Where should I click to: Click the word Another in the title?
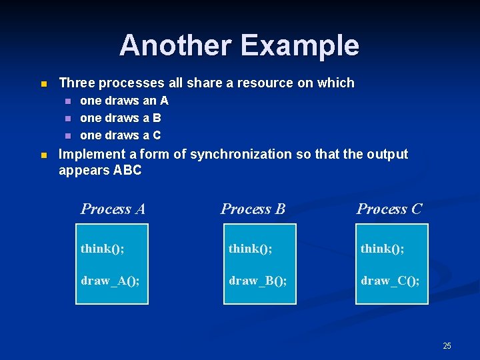pyautogui.click(x=176, y=45)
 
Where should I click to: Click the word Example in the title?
pyautogui.click(x=300, y=45)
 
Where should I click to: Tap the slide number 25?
pyautogui.click(x=447, y=345)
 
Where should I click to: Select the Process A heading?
pyautogui.click(x=113, y=209)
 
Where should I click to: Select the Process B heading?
pyautogui.click(x=253, y=209)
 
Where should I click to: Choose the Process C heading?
pyautogui.click(x=389, y=209)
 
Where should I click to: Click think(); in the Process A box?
pyautogui.click(x=102, y=249)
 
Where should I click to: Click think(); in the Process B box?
pyautogui.click(x=250, y=249)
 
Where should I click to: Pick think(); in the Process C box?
pyautogui.click(x=382, y=249)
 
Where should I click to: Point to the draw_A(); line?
pyautogui.click(x=110, y=281)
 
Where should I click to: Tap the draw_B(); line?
pyautogui.click(x=258, y=281)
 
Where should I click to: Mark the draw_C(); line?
pyautogui.click(x=390, y=281)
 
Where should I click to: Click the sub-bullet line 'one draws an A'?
pyautogui.click(x=124, y=101)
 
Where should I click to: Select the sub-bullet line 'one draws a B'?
pyautogui.click(x=120, y=118)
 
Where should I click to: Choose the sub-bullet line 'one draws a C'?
pyautogui.click(x=120, y=135)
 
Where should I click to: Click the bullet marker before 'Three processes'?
pyautogui.click(x=44, y=84)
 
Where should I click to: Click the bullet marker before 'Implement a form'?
pyautogui.click(x=44, y=155)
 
